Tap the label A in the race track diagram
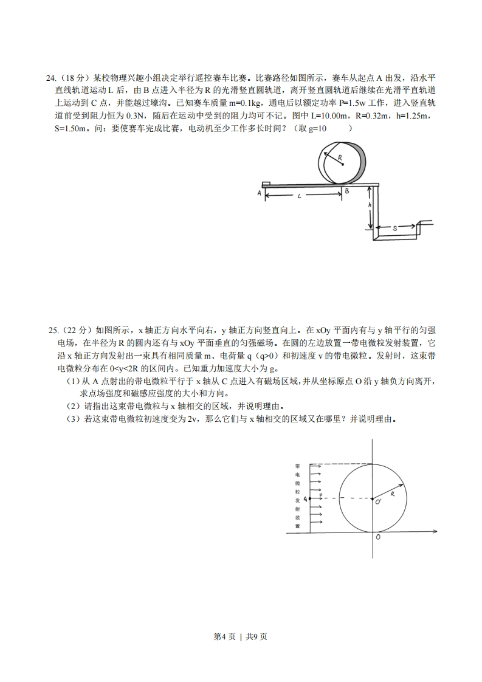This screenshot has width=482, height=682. [x=259, y=193]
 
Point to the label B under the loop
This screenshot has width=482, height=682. [x=346, y=191]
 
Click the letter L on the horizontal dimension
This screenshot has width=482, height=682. [x=300, y=196]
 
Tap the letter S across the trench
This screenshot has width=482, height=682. [x=395, y=228]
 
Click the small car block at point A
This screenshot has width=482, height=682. [x=266, y=182]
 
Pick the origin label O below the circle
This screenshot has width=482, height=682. [x=378, y=537]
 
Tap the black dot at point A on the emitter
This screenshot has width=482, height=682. [x=310, y=498]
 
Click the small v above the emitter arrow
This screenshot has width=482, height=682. [x=320, y=495]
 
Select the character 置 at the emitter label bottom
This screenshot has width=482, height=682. [x=297, y=526]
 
